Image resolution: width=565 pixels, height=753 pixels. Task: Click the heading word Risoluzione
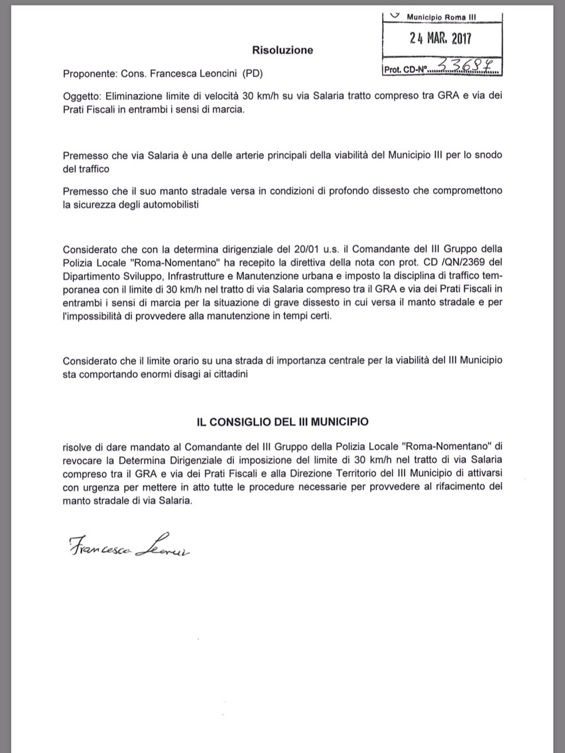click(x=282, y=50)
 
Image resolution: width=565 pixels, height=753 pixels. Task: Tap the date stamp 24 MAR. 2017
click(x=440, y=38)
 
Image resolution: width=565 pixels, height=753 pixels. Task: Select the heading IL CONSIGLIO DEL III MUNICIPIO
click(x=282, y=422)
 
